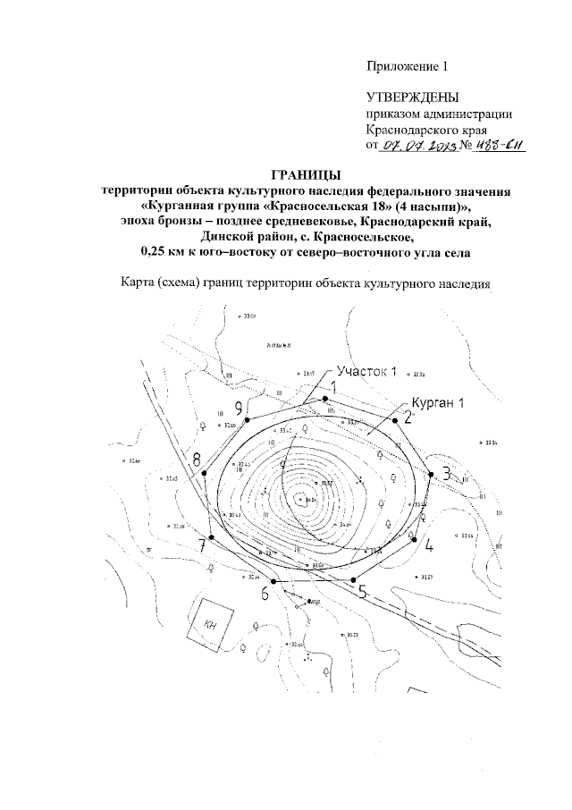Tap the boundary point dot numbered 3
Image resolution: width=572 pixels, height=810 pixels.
tap(432, 474)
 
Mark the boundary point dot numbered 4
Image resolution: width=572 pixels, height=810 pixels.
tap(415, 538)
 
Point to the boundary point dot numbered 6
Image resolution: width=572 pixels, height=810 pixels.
tap(273, 581)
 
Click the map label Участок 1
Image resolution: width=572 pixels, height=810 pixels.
tap(364, 373)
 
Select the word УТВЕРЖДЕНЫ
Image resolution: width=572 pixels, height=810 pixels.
tap(412, 97)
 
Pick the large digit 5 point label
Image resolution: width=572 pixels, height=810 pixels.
tap(362, 591)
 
